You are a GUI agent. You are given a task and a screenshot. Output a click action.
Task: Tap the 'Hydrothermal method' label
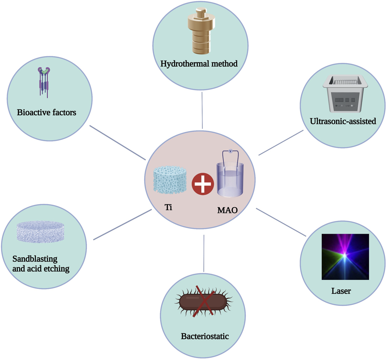coord(199,64)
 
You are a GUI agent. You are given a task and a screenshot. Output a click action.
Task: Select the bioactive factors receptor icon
coord(44,82)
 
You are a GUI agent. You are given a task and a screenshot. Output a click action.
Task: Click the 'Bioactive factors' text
coord(46,113)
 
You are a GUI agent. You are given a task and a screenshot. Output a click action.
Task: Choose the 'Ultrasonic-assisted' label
coord(343,121)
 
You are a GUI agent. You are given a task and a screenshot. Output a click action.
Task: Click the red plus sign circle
coord(203,184)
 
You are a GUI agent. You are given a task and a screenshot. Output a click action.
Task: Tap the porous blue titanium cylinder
coord(170,180)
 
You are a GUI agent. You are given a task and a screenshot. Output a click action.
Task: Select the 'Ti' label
coord(168,207)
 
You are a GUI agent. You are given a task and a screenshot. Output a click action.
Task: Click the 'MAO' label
coord(227,210)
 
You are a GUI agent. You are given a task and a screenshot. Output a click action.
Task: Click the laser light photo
coord(345,257)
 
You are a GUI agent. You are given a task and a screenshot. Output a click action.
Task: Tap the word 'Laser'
coord(341,291)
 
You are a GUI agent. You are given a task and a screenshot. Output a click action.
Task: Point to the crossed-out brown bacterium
coord(203,302)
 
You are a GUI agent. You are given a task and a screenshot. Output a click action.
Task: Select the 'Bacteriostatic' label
coord(205,336)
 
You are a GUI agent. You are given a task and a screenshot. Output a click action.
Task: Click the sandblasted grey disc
coord(40,232)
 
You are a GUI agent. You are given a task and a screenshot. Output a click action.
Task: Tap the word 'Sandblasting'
coord(35,259)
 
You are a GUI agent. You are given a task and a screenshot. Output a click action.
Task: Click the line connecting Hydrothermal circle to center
coord(202,111)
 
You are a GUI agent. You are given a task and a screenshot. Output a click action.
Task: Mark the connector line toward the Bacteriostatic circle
coord(204,253)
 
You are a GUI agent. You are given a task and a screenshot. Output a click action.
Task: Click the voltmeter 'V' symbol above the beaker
coord(230,151)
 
